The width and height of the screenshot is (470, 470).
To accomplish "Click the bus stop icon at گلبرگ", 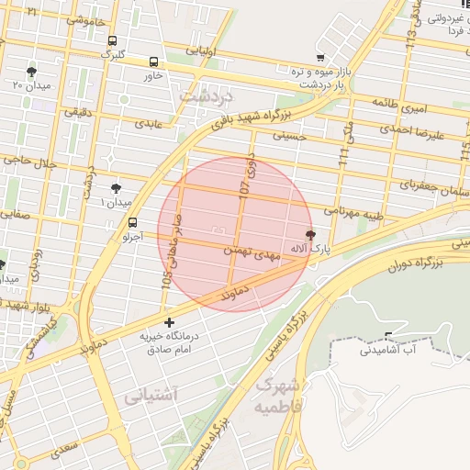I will pos(112,41).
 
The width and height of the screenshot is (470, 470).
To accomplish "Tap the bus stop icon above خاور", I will pos(152,62).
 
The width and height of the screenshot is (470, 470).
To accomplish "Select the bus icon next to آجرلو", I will pos(133,222).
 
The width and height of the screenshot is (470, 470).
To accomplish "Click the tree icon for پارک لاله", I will pos(310,234).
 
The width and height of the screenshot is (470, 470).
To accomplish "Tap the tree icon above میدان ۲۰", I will pos(32,70).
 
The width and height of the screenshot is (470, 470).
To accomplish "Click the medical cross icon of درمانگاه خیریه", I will pos(169,322).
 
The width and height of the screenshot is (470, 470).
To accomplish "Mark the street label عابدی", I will pos(148,121).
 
